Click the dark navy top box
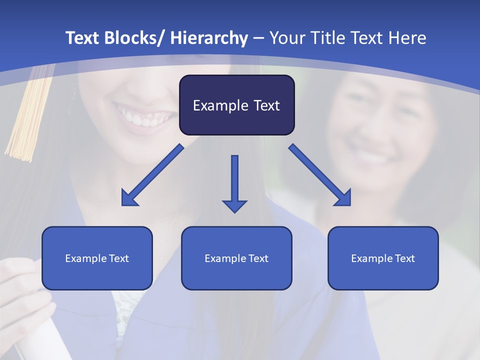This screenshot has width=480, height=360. [236, 105]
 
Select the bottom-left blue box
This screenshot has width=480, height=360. [97, 258]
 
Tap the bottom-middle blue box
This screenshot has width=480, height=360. [236, 258]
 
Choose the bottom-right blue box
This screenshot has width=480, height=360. [383, 258]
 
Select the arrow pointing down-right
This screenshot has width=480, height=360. [320, 175]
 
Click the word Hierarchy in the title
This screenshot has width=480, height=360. [209, 38]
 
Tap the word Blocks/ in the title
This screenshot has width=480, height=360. [136, 38]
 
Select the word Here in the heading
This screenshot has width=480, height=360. [407, 38]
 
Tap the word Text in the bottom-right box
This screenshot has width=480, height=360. [404, 258]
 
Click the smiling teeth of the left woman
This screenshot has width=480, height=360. [145, 117]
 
